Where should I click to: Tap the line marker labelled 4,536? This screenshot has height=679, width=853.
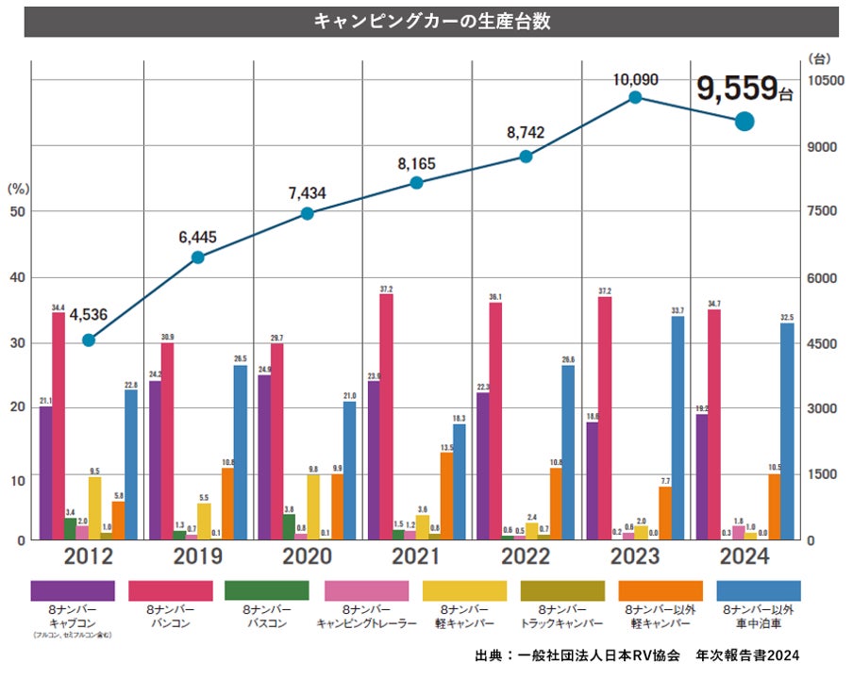(89, 340)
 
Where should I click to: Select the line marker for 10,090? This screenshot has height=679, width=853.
(635, 97)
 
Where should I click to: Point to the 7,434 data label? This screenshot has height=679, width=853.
(307, 193)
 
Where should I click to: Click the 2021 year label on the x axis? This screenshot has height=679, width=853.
(416, 557)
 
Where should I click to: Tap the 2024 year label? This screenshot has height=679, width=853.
(744, 557)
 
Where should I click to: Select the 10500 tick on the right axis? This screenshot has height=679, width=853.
(825, 81)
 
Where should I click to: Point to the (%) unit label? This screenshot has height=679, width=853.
(19, 189)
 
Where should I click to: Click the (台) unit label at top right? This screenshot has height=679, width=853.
(821, 58)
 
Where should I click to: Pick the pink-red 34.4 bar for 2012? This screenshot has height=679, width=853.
(59, 424)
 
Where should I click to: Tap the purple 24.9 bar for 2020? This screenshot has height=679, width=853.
(264, 456)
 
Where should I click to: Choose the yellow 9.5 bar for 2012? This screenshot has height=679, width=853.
(94, 506)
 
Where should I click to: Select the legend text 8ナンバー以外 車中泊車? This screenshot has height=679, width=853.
(760, 617)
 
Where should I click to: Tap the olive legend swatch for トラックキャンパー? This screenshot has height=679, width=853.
(562, 591)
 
